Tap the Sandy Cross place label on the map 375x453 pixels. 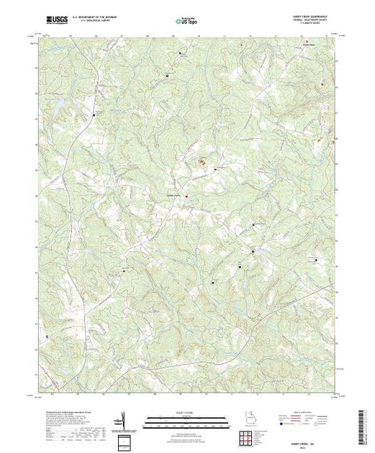pyautogui.click(x=174, y=193)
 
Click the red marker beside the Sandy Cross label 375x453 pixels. pyautogui.click(x=186, y=195)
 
